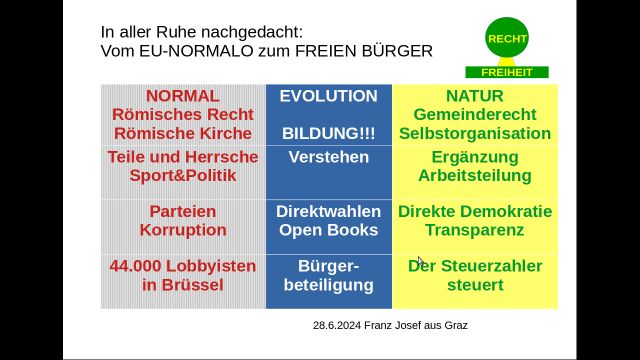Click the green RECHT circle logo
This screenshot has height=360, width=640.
point(507,39)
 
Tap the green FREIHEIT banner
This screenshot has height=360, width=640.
point(507,72)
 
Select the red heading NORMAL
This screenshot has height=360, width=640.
point(182,97)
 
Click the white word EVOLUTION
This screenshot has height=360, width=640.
point(328,97)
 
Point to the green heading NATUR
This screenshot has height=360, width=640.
point(475,97)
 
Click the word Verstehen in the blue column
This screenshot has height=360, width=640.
point(328,157)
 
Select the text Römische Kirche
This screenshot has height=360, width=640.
point(182,133)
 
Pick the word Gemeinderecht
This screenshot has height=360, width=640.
point(475,115)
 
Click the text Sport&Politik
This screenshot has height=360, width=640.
point(182,176)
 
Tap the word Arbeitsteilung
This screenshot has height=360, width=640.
point(475,176)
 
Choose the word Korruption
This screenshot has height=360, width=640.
point(182,230)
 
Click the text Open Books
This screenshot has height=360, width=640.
point(328,230)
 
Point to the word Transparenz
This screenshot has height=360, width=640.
point(475,230)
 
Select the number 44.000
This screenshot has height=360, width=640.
point(147,266)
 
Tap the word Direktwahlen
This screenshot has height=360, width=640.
point(328,212)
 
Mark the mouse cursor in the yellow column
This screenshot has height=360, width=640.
point(421,261)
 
